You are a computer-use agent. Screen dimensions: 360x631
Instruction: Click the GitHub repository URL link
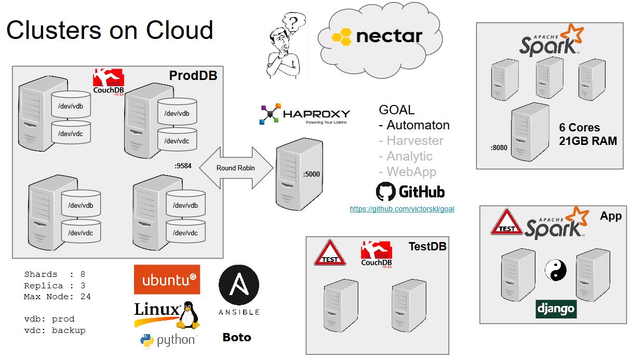[402, 209]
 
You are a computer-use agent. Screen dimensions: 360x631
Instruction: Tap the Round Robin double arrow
[236, 168]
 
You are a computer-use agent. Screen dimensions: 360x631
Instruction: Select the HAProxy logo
[304, 114]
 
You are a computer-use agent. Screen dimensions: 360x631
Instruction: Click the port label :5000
[312, 175]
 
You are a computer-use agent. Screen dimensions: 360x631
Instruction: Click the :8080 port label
[499, 148]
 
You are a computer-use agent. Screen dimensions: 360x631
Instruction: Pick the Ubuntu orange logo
[167, 280]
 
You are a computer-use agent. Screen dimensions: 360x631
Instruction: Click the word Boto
[237, 338]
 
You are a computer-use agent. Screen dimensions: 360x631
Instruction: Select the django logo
[556, 309]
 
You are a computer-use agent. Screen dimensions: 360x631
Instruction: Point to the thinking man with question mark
[285, 47]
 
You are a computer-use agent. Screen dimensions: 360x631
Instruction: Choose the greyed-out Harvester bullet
[411, 141]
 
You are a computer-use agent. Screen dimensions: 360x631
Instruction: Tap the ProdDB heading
[193, 76]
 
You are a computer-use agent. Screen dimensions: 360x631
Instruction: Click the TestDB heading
[427, 246]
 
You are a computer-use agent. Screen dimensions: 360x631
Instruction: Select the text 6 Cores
[579, 128]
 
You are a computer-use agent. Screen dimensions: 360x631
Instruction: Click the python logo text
[176, 341]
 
